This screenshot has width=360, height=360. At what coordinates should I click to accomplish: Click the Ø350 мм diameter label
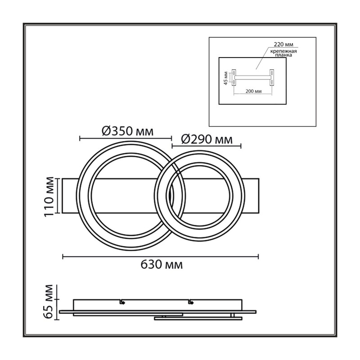coord(127,131)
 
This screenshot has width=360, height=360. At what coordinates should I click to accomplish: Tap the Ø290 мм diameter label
coord(207,139)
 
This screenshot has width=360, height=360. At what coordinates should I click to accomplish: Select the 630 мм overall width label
coord(162,265)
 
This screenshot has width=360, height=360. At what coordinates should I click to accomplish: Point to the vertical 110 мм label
coord(49,196)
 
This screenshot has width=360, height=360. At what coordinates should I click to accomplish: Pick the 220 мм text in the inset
coord(283,44)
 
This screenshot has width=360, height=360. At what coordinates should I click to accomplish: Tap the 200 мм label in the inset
coord(253,91)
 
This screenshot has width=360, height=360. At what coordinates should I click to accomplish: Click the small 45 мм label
coord(226,78)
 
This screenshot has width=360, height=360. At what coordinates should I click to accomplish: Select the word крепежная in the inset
coord(283,51)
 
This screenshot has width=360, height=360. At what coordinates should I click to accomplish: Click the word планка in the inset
coord(284,55)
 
